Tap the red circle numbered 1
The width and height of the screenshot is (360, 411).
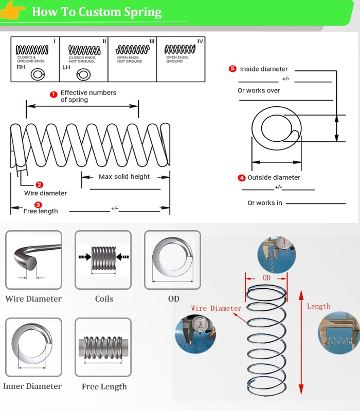click(53, 94)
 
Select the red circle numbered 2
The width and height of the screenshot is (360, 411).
click(40, 185)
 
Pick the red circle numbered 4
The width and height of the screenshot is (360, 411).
click(242, 178)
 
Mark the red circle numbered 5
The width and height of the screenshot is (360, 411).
click(232, 69)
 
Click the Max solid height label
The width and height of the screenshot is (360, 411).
click(124, 177)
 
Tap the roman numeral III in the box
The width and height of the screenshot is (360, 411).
click(152, 41)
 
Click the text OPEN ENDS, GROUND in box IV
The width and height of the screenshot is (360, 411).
click(174, 60)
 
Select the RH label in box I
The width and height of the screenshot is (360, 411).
click(21, 67)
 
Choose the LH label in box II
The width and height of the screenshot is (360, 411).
click(66, 67)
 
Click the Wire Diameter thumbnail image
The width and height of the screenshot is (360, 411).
click(33, 259)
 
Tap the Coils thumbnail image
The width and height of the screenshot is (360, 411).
click(103, 259)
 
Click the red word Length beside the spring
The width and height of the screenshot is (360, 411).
click(319, 306)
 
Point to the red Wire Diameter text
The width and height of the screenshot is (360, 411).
click(216, 309)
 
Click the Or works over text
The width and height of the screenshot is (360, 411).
click(259, 90)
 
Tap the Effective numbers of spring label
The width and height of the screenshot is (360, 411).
click(88, 96)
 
